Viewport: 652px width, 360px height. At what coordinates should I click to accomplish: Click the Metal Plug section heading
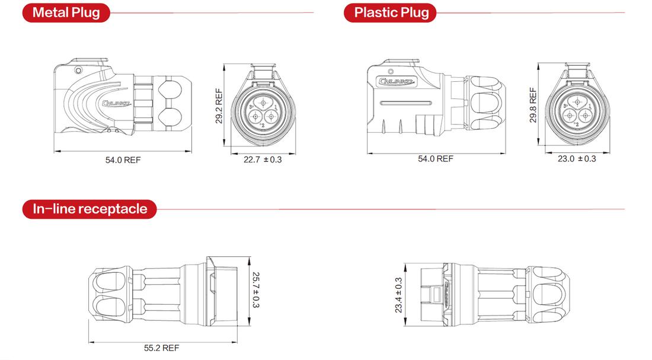coord(66,12)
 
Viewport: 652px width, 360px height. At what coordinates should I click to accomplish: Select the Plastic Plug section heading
coord(391,12)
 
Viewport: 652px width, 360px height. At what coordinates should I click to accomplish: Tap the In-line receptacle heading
coord(90,209)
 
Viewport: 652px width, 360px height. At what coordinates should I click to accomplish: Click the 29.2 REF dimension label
coord(219,106)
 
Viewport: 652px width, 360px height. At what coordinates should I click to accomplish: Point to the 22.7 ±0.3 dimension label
coord(263,160)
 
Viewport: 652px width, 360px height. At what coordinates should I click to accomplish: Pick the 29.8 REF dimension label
coord(533,104)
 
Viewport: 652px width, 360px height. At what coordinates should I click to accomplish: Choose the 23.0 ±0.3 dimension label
coord(577,158)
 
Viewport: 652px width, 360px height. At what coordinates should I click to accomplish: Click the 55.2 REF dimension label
coord(161,348)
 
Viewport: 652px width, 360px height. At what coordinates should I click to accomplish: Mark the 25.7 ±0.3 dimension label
coord(255,290)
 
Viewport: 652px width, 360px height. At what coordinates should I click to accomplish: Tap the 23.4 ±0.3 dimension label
coord(399,295)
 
